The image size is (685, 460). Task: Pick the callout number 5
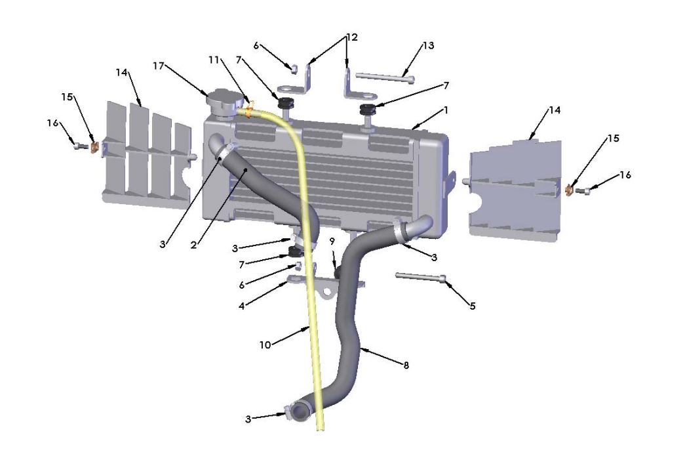click(473, 305)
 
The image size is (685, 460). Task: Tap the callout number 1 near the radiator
click(446, 110)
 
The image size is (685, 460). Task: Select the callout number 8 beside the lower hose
click(406, 365)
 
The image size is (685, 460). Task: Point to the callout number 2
click(194, 245)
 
